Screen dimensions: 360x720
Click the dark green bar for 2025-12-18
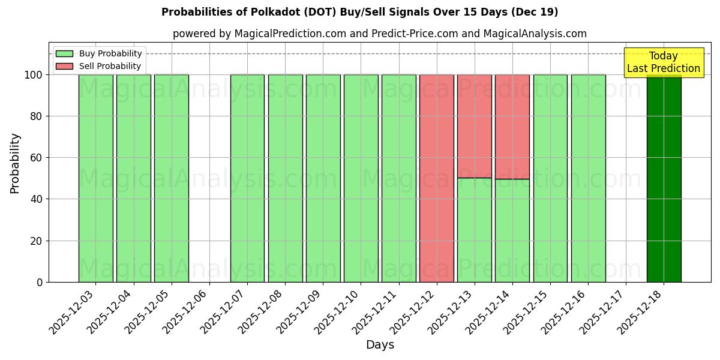pyautogui.click(x=664, y=180)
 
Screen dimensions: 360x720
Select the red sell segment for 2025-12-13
pyautogui.click(x=474, y=126)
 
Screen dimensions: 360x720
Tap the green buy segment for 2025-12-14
pyautogui.click(x=512, y=230)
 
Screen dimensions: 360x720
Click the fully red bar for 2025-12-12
pyautogui.click(x=436, y=178)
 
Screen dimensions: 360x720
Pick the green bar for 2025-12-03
pyautogui.click(x=95, y=178)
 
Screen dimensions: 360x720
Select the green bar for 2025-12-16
pyautogui.click(x=588, y=178)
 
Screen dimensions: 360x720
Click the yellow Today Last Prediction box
pyautogui.click(x=664, y=62)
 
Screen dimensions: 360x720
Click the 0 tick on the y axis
pyautogui.click(x=40, y=282)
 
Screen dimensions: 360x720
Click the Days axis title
pyautogui.click(x=380, y=345)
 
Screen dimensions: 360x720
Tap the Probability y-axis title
pyautogui.click(x=15, y=163)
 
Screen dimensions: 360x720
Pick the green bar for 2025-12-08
pyautogui.click(x=285, y=178)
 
